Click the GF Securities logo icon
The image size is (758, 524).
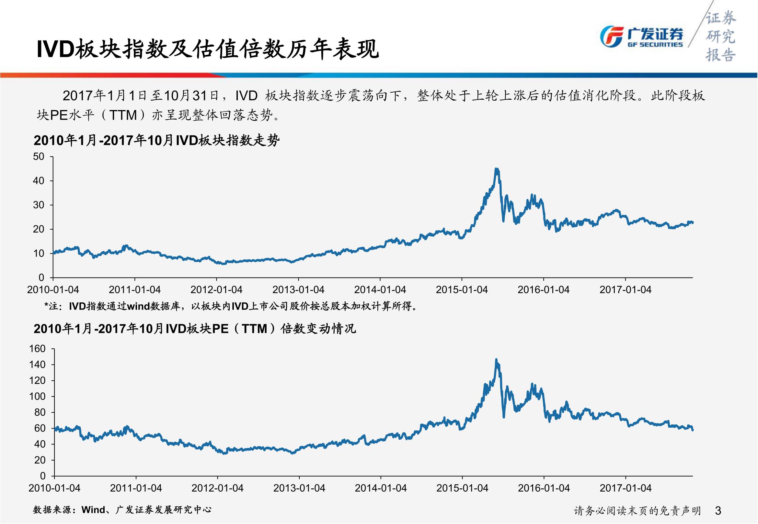click(x=611, y=37)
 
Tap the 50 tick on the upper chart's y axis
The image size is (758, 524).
click(x=39, y=157)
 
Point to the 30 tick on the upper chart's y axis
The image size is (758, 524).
click(x=39, y=205)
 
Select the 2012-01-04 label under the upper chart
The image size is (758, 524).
click(x=216, y=290)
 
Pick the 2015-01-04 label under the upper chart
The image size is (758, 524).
click(x=462, y=290)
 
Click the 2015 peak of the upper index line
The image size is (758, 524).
click(x=497, y=169)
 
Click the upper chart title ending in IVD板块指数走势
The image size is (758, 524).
click(x=156, y=140)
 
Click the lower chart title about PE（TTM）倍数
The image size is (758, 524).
click(x=195, y=329)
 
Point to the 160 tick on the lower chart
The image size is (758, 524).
click(x=37, y=349)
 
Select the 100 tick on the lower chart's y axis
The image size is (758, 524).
click(x=37, y=397)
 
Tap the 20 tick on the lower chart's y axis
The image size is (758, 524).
click(x=40, y=460)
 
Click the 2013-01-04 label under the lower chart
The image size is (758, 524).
click(x=299, y=488)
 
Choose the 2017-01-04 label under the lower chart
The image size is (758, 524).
click(x=625, y=488)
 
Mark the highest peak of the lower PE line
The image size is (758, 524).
click(x=496, y=359)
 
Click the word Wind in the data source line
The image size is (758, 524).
click(x=93, y=510)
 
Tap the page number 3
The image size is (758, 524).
click(x=718, y=511)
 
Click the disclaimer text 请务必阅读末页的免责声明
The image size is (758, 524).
click(x=637, y=511)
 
